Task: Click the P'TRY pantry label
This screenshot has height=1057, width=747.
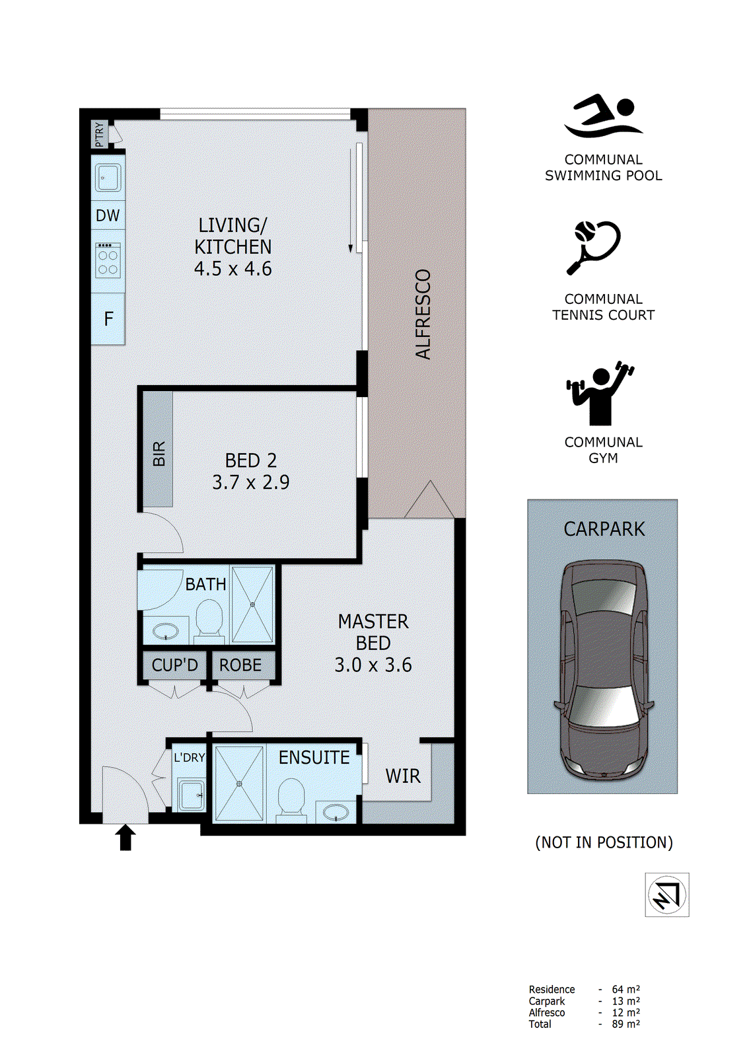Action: coord(99,135)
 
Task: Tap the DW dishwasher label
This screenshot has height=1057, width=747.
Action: coord(108,215)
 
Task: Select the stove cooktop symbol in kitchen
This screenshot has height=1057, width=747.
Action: coord(108,260)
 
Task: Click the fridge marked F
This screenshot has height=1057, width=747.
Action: coord(108,319)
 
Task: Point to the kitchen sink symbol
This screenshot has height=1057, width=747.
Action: coord(108,178)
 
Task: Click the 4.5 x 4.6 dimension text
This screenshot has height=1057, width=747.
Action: coord(232,269)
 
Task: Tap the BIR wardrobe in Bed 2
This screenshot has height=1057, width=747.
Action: coord(159,453)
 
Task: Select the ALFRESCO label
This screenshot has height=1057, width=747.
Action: coord(423,314)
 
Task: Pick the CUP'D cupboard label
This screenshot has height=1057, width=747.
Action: coord(174,665)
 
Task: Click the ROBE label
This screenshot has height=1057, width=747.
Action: coord(240,665)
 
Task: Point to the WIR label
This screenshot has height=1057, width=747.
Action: coord(403,776)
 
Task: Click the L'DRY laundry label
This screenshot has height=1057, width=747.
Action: coord(190,758)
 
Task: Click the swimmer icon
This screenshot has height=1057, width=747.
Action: coord(602,116)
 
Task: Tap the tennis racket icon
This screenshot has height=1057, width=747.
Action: coord(594,246)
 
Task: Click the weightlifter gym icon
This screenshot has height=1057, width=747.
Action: coord(600,393)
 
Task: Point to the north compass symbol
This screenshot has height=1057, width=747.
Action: coord(666,894)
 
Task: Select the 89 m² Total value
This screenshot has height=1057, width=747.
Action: coord(625,1024)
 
